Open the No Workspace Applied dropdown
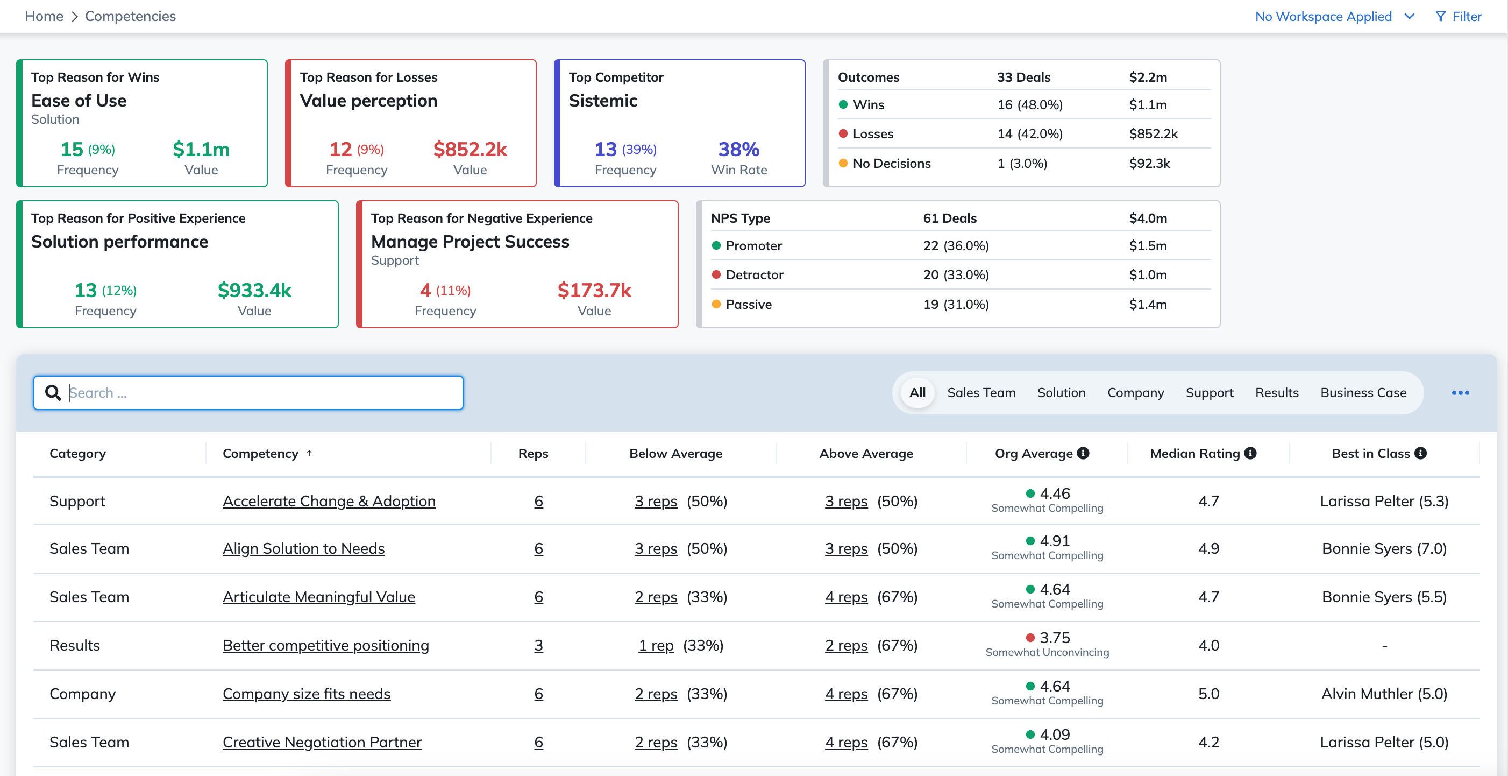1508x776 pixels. click(1335, 16)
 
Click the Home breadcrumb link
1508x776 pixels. click(44, 16)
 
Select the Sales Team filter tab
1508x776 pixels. click(981, 392)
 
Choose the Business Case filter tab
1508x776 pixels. click(1363, 392)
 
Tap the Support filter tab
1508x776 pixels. click(1210, 392)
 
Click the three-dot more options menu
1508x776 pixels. click(1460, 392)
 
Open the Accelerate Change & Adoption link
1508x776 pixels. click(329, 502)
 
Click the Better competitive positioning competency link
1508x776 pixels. click(325, 645)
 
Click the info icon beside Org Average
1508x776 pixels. click(1083, 453)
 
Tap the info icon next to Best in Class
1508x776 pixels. click(1420, 453)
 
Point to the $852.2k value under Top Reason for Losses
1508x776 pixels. click(470, 150)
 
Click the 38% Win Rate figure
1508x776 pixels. click(739, 150)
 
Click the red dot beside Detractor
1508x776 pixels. click(716, 274)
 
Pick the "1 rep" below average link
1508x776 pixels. click(656, 645)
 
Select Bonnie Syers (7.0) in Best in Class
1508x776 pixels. click(1384, 549)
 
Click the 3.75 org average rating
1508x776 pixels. click(1055, 638)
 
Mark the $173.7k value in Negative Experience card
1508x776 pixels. click(594, 291)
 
